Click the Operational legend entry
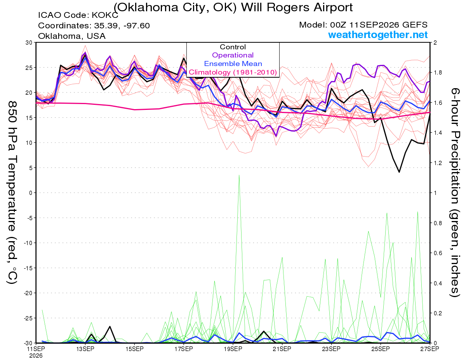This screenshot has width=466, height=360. coord(233,55)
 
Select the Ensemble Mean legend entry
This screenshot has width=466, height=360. coord(233,64)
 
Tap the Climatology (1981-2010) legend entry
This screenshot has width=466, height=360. coord(233,72)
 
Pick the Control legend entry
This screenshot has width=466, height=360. coord(233,47)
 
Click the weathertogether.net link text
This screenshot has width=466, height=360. coord(378,35)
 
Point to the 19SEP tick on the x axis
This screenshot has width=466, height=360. coord(233,349)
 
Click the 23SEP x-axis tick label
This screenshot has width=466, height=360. coord(331,349)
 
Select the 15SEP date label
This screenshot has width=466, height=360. coord(134,349)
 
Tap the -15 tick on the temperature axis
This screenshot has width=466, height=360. coord(28,268)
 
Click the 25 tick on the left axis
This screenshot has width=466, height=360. coord(29,68)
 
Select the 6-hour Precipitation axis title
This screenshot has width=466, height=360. coord(455,192)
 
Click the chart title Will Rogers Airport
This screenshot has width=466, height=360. coord(297,7)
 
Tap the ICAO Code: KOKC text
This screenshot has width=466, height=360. coord(78,15)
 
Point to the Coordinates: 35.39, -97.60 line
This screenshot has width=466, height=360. coord(94,26)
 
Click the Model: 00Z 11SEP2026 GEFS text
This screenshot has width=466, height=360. coord(363,25)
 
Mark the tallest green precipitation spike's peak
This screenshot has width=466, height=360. coord(239,175)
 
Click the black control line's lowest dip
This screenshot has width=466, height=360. coord(399,172)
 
